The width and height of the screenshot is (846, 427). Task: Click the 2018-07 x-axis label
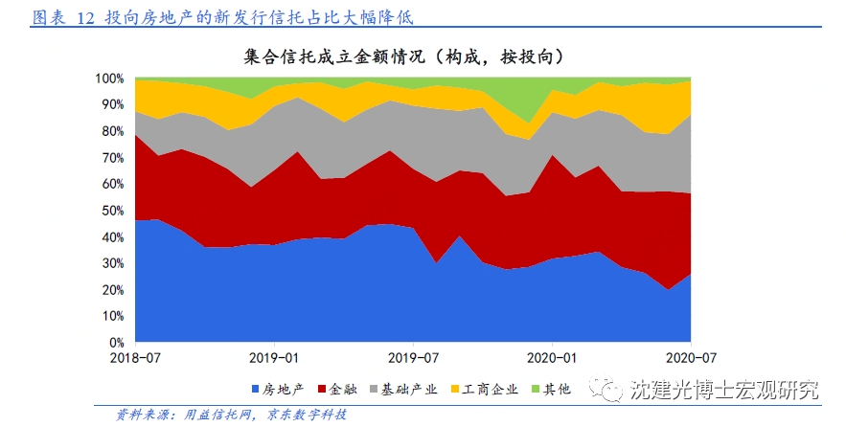[135, 360]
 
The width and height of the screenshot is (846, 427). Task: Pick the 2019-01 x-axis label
[274, 360]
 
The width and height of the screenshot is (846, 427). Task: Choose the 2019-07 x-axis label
[413, 360]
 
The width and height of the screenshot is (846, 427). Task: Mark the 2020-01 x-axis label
[552, 360]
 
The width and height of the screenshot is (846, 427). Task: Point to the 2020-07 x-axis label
[690, 360]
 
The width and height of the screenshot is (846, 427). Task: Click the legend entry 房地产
[285, 390]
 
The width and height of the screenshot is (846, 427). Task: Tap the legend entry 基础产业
[409, 390]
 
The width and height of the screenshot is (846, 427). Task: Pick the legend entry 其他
[558, 390]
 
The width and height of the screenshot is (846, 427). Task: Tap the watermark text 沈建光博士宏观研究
[724, 390]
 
